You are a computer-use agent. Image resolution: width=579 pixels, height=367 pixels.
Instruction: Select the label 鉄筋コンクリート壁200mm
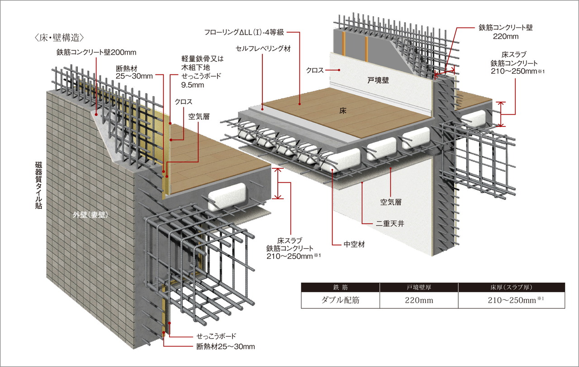tap(97, 52)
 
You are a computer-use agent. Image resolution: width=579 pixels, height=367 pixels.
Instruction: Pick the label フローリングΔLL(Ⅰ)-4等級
tap(245, 33)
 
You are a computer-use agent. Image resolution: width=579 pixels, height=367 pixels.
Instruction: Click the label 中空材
tap(354, 244)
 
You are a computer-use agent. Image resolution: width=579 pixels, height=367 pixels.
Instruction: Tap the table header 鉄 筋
tap(341, 287)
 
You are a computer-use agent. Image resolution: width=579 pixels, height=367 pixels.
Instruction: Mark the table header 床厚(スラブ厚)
tap(511, 287)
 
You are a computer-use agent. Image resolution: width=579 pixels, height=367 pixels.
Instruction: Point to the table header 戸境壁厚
tap(419, 287)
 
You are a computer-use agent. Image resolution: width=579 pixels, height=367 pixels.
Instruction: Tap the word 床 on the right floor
tap(343, 110)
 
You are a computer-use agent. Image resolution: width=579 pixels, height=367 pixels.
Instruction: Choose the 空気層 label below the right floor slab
tap(391, 203)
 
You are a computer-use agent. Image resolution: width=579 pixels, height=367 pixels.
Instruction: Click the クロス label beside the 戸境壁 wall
tap(315, 70)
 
